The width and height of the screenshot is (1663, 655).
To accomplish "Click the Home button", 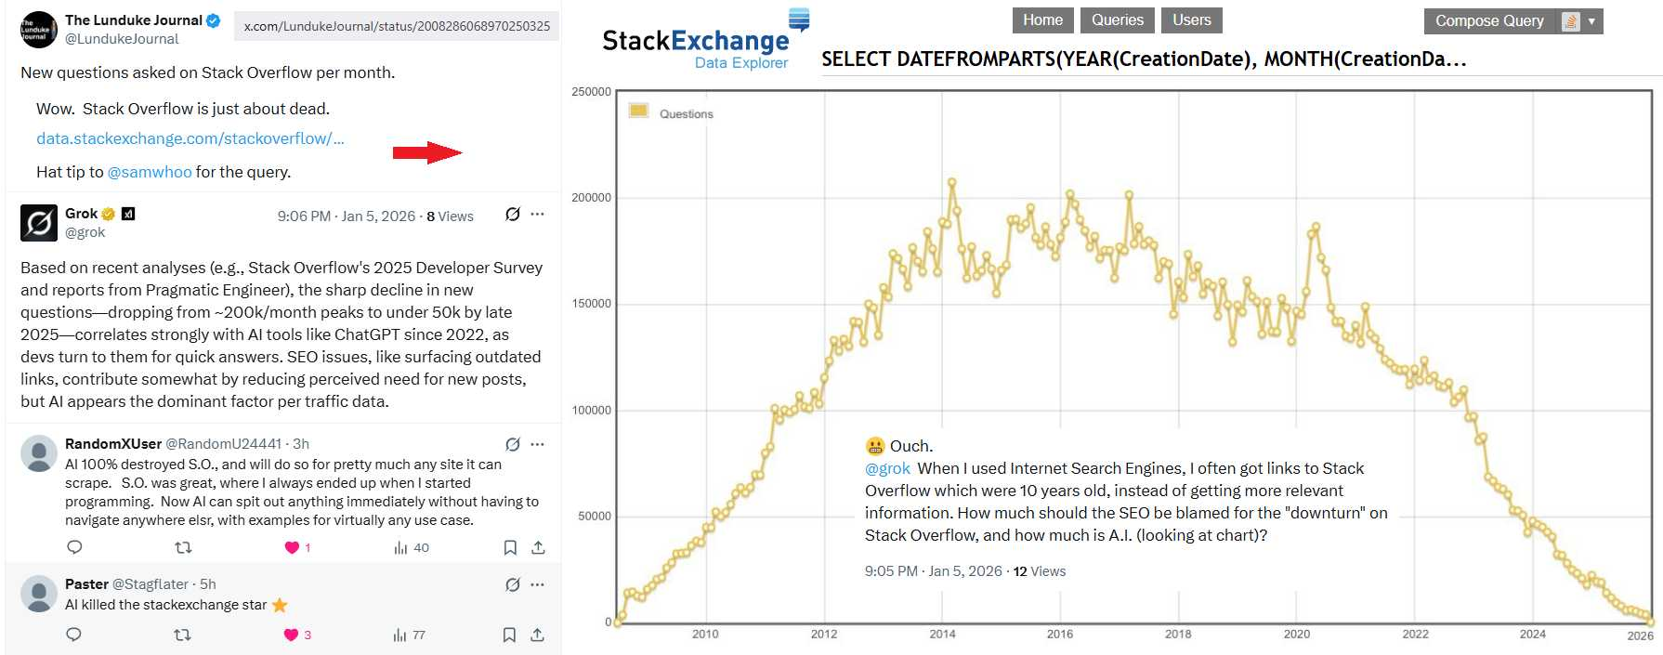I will tap(1042, 20).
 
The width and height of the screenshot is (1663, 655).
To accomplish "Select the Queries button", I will tap(1117, 20).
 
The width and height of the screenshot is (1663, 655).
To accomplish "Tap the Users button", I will tap(1191, 20).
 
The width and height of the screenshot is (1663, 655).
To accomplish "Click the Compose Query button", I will tap(1488, 21).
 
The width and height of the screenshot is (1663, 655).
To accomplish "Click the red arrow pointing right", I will tap(426, 152).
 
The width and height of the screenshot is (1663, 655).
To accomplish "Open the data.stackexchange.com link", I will tap(190, 138).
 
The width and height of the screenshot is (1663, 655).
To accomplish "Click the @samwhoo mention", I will tap(150, 172).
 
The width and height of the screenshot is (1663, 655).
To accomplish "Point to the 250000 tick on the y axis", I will tap(591, 92).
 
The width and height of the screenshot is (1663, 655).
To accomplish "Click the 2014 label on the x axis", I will tap(942, 634).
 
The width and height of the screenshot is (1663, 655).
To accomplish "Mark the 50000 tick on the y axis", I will tap(594, 517).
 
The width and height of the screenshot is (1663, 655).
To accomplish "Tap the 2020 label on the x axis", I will tap(1296, 634).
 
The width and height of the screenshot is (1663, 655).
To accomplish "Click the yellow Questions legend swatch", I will tap(638, 111).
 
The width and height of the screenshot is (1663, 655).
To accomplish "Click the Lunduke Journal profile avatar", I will tap(38, 30).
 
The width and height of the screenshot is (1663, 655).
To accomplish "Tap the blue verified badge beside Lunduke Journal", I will tap(214, 20).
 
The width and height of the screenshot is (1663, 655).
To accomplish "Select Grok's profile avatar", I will tap(38, 223).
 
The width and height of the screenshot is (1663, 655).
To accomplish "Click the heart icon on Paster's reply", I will tap(291, 635).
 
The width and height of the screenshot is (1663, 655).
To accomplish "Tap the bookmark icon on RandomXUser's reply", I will tap(510, 547).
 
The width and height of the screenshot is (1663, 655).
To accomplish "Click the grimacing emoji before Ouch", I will tap(874, 446).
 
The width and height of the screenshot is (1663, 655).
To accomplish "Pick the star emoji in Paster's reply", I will tap(280, 605).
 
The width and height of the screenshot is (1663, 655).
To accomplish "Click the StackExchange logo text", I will tap(695, 41).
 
